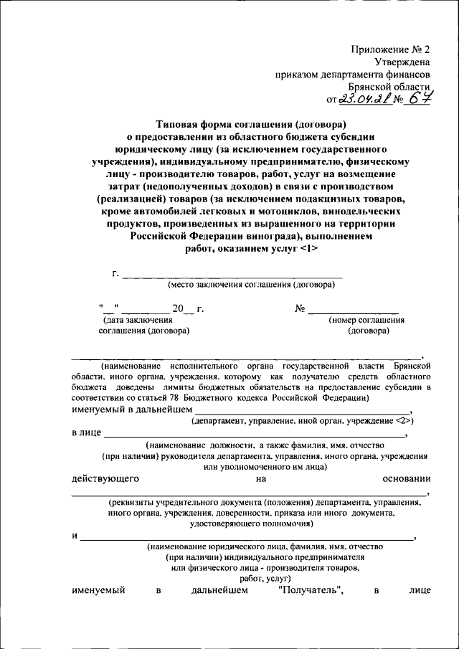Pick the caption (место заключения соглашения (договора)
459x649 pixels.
coord(251,285)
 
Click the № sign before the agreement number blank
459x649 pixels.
coord(301,309)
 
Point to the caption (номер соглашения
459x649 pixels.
coord(367,321)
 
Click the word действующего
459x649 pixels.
coord(105,478)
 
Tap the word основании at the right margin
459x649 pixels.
coord(406,478)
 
